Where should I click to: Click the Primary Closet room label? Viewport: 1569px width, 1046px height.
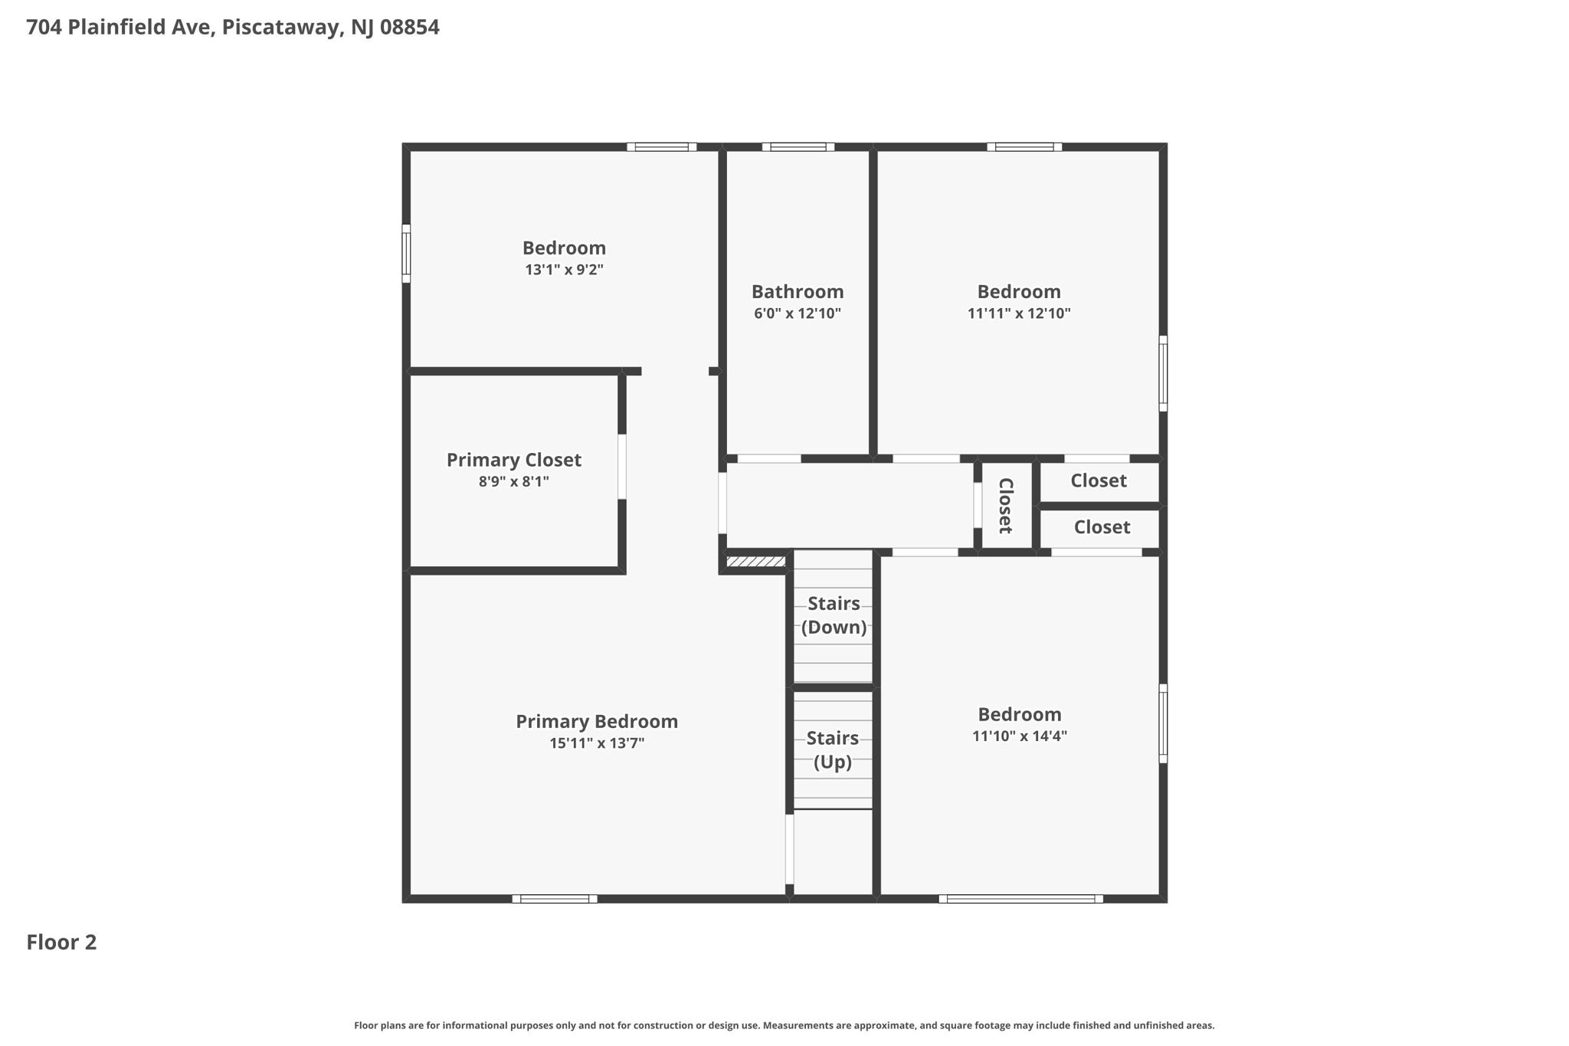click(x=513, y=460)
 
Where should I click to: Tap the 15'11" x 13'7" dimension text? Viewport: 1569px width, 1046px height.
click(x=596, y=743)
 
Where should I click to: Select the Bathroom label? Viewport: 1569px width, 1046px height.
click(x=797, y=292)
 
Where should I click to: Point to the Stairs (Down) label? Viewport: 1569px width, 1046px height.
click(x=834, y=615)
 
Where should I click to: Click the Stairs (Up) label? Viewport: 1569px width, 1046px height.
click(x=832, y=750)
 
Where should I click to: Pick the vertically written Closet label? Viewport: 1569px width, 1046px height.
click(x=1006, y=506)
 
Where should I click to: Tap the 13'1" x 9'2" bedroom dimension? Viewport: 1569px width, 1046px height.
click(x=564, y=270)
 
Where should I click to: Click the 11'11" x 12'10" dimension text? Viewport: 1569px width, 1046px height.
click(x=1018, y=313)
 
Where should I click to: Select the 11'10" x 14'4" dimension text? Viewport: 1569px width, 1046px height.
click(x=1019, y=736)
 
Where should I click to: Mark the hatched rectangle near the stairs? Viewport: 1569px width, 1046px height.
click(x=755, y=562)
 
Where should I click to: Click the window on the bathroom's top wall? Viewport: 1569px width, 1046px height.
click(x=798, y=147)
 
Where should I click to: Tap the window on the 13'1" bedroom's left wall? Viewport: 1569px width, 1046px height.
click(x=406, y=254)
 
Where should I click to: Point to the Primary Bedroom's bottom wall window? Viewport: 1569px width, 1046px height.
click(x=555, y=899)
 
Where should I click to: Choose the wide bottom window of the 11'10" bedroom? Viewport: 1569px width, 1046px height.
click(x=1020, y=899)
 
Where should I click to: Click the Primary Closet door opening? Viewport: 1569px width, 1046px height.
click(x=622, y=467)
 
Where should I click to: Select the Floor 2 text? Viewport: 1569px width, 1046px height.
click(x=61, y=943)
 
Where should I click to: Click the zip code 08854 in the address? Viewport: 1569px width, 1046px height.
click(x=409, y=28)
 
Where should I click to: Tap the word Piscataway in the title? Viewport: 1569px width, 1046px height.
click(x=280, y=28)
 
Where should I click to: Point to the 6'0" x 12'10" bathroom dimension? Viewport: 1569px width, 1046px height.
click(x=797, y=313)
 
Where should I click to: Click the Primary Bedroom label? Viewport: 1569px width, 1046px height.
click(x=596, y=722)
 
